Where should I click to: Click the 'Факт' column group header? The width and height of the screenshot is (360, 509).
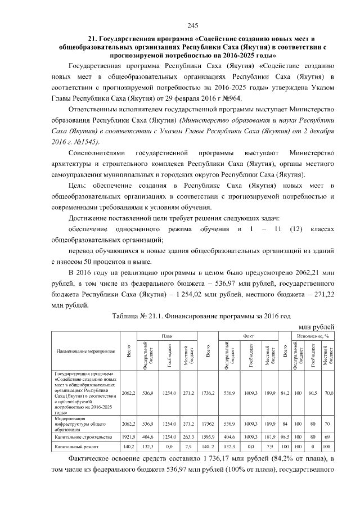pos(249,336)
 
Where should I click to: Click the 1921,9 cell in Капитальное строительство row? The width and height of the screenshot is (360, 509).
pos(129,436)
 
